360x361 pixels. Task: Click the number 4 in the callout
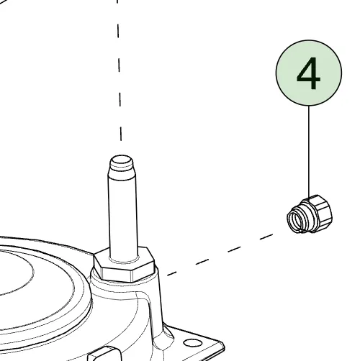308,73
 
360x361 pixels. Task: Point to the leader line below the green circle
309,151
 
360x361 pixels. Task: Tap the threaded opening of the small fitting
296,220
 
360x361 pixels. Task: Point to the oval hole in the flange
193,343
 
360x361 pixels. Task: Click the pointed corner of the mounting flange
223,344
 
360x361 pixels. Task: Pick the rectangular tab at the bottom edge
103,354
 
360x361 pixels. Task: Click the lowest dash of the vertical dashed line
121,134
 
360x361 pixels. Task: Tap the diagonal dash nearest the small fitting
266,237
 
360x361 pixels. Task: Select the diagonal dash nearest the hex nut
172,273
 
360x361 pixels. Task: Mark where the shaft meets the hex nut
124,260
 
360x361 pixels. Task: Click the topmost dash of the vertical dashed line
117,1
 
